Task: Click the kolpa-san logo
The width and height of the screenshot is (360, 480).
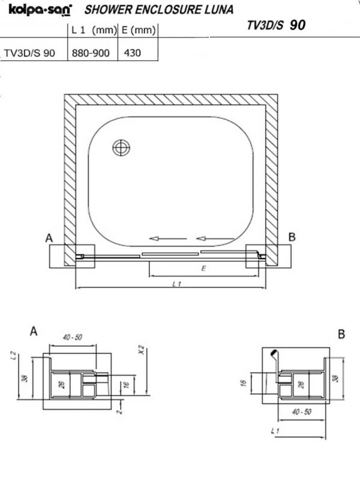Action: [x=40, y=10]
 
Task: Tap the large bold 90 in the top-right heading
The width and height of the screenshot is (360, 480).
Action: [x=297, y=25]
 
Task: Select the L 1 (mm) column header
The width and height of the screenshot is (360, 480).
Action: [x=94, y=30]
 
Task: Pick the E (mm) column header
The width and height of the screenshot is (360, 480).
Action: [x=139, y=30]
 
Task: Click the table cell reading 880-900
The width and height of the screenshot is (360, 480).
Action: [x=91, y=53]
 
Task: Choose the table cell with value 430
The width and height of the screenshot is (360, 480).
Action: [x=132, y=53]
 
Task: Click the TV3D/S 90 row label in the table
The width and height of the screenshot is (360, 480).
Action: [x=29, y=53]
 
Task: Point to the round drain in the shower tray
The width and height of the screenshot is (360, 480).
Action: [x=121, y=148]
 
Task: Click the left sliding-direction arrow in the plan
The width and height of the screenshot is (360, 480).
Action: [x=168, y=238]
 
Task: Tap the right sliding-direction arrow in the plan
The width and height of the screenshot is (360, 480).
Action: [x=215, y=238]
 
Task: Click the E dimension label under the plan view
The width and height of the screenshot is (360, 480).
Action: [x=203, y=268]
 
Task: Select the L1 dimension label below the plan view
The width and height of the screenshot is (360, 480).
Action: [x=176, y=284]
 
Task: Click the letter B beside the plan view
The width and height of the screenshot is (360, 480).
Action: [x=292, y=236]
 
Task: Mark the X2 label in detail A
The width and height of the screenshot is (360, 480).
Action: [x=141, y=350]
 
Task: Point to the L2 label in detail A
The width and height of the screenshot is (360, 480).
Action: [x=13, y=355]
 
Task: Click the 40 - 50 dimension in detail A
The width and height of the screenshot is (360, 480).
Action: [x=73, y=337]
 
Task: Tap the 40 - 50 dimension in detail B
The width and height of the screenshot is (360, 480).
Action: [x=302, y=412]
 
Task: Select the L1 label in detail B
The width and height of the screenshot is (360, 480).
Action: [x=275, y=431]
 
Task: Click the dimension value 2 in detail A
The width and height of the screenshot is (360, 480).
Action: [x=119, y=412]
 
